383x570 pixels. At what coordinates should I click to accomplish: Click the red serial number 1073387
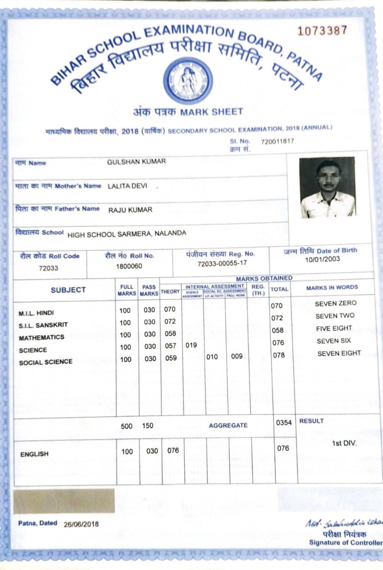coord(322,31)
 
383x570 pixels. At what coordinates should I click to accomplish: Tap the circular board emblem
coord(187,81)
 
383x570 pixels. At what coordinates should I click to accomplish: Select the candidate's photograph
coord(327,187)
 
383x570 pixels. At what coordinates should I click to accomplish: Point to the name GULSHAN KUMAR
coord(136,162)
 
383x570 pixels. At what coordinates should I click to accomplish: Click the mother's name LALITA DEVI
coord(127,186)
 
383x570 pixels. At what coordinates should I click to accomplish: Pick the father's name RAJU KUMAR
coord(130,210)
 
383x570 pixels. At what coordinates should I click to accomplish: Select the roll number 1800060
coord(129,266)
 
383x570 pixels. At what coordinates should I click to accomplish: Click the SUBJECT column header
coord(68,290)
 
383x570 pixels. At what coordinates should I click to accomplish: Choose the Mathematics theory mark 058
coord(170,334)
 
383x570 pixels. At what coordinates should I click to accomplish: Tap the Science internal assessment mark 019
coord(191,345)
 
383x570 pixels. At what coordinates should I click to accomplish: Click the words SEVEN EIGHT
coord(339,354)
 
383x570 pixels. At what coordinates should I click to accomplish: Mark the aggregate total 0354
coord(284,423)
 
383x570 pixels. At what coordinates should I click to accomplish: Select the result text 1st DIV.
coord(344,444)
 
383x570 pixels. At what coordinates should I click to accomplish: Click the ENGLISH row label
coord(34,454)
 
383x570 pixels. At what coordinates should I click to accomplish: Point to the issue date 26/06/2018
coord(81,524)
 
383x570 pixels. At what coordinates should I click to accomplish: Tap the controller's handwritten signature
coord(343,524)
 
